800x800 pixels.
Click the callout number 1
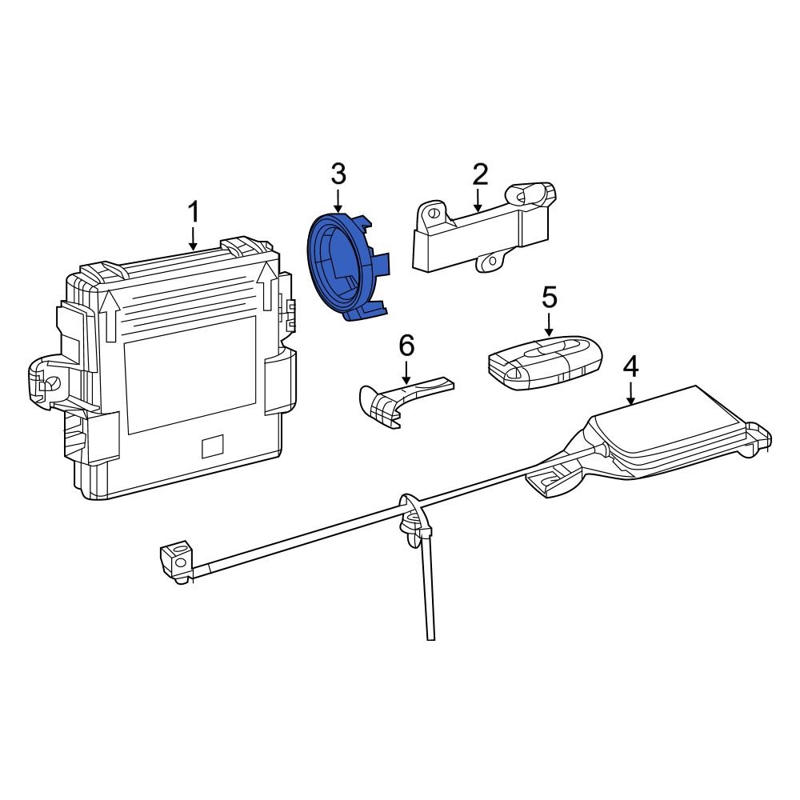click(x=193, y=214)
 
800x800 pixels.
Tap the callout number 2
click(x=479, y=174)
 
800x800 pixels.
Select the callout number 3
click(x=338, y=174)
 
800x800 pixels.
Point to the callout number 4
click(x=631, y=367)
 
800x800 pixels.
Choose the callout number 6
click(x=406, y=346)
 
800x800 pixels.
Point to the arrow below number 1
click(x=193, y=238)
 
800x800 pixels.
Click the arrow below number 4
click(x=631, y=394)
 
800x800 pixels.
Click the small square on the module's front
click(x=212, y=446)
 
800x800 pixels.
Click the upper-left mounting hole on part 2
click(x=433, y=214)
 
